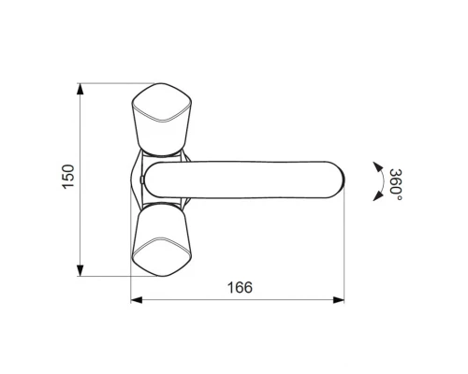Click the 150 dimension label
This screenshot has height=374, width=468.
click(x=68, y=177)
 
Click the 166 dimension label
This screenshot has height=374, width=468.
click(x=240, y=287)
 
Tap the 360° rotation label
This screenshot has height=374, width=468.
click(x=396, y=185)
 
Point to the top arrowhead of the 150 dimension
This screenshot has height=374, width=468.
click(x=80, y=89)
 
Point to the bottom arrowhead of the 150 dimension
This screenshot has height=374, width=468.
click(x=80, y=270)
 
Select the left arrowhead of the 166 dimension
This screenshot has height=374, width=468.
click(x=137, y=300)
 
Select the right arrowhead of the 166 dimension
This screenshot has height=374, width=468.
click(x=339, y=300)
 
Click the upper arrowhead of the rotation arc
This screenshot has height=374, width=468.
click(x=378, y=166)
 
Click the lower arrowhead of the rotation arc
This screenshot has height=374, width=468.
click(x=378, y=195)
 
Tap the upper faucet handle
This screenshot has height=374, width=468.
click(x=161, y=119)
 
